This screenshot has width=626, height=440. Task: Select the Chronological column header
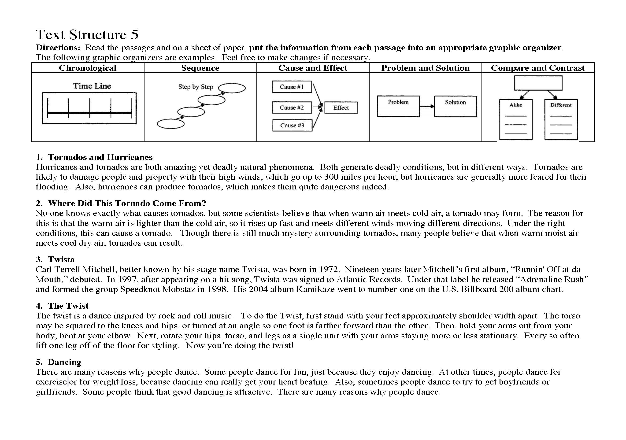pyautogui.click(x=88, y=68)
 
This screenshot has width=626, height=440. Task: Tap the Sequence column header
pyautogui.click(x=200, y=68)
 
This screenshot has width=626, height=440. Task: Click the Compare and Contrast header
pyautogui.click(x=538, y=68)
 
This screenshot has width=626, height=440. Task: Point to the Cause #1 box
pyautogui.click(x=292, y=87)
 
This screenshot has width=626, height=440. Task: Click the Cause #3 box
pyautogui.click(x=292, y=126)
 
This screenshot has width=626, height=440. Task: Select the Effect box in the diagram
pyautogui.click(x=341, y=108)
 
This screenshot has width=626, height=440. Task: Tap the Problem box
pyautogui.click(x=398, y=106)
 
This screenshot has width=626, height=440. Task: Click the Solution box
pyautogui.click(x=455, y=106)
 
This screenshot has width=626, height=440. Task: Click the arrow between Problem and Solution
pyautogui.click(x=427, y=106)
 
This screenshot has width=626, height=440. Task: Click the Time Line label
pyautogui.click(x=92, y=86)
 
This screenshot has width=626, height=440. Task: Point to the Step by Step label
pyautogui.click(x=196, y=87)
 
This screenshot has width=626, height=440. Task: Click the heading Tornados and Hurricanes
pyautogui.click(x=100, y=157)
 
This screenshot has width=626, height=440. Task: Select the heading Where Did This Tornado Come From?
pyautogui.click(x=127, y=203)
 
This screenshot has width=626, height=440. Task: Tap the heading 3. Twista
pyautogui.click(x=55, y=259)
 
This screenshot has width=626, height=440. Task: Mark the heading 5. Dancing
pyautogui.click(x=59, y=362)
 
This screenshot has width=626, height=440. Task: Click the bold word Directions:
pyautogui.click(x=58, y=48)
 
